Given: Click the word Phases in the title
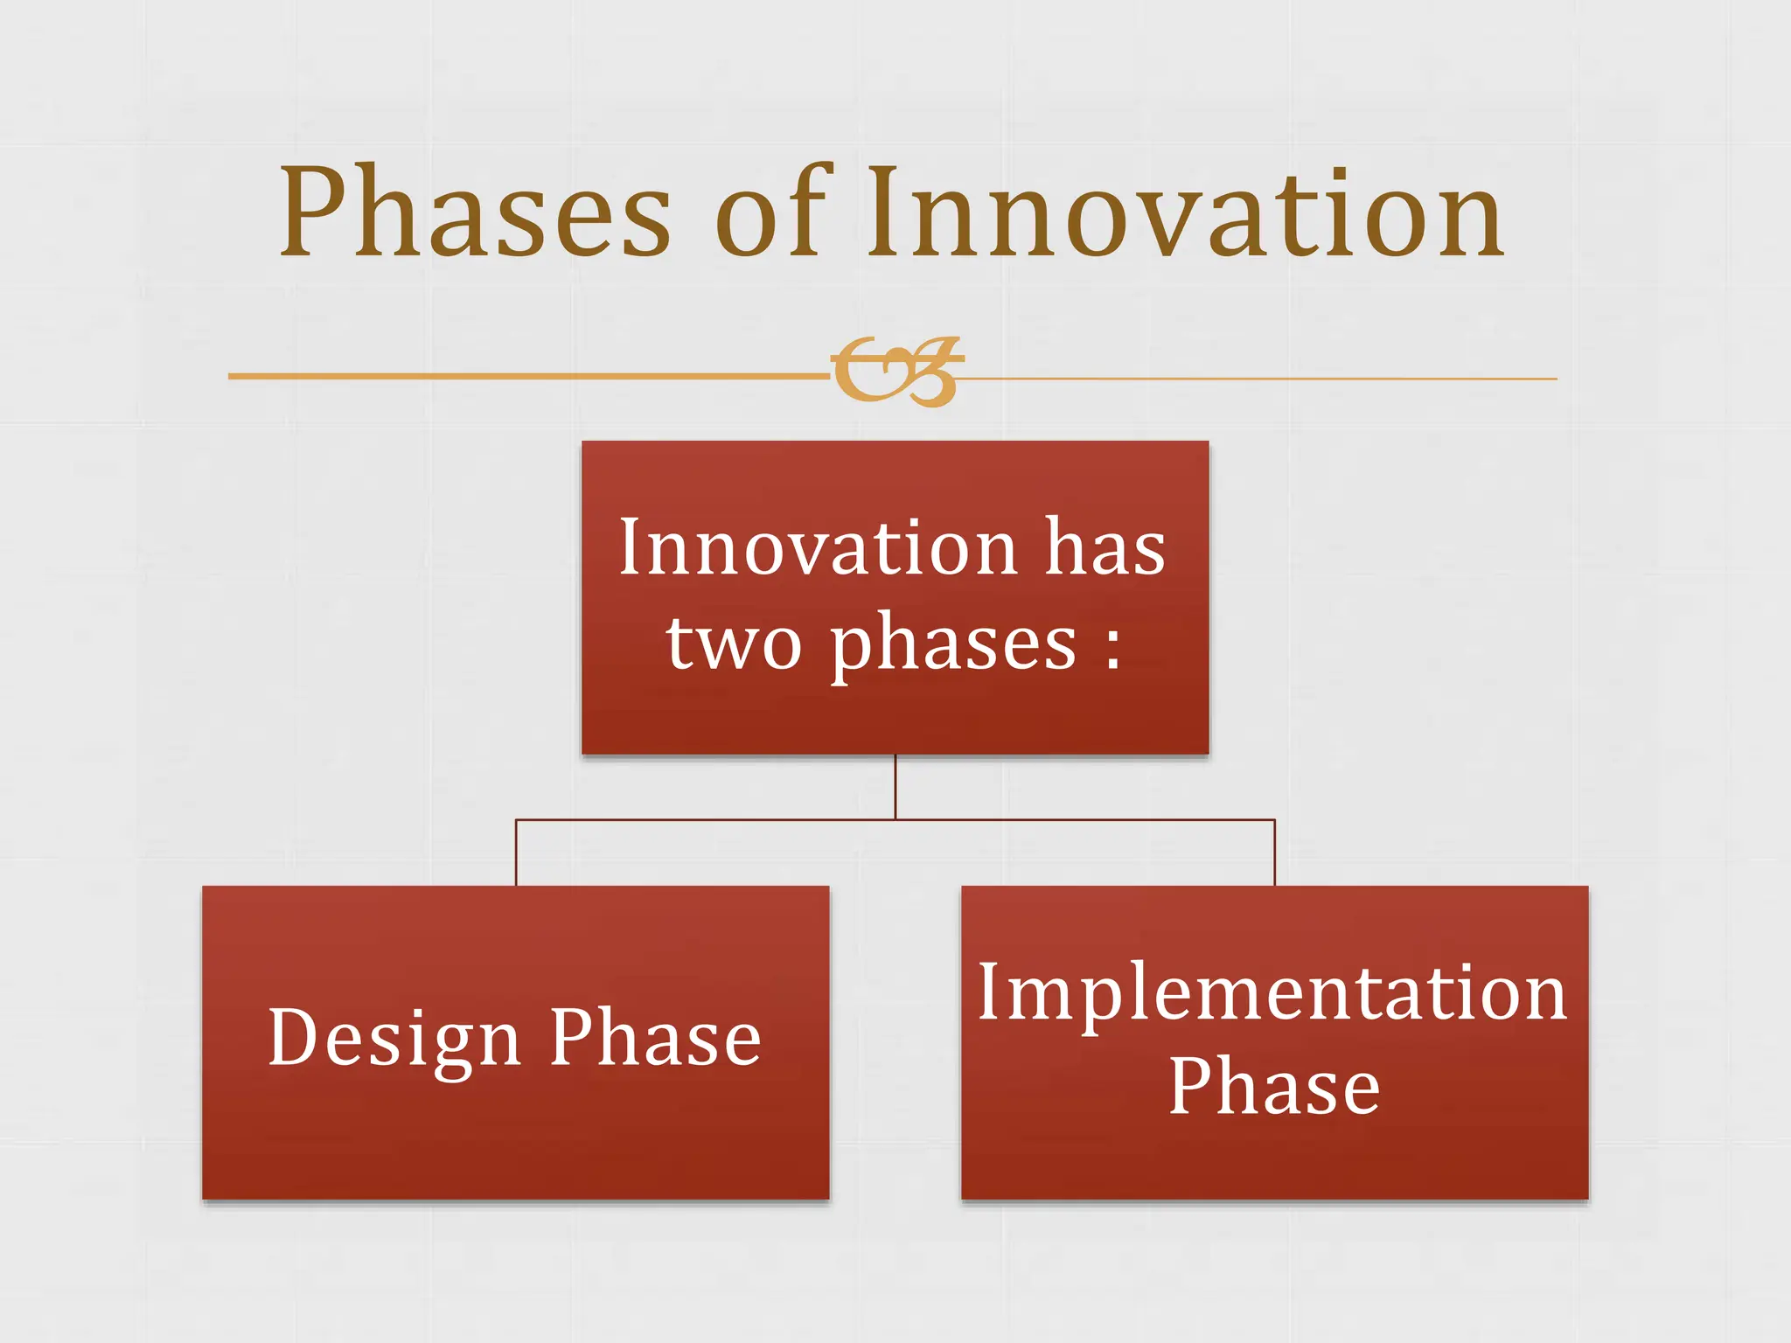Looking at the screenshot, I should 475,214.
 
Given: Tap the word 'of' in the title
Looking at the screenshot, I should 770,214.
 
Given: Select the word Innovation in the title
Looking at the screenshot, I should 1185,214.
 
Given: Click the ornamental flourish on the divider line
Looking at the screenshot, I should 896,372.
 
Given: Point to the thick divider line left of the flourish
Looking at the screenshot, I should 525,376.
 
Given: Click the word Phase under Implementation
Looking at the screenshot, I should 1274,1086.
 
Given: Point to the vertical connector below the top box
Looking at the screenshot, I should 895,787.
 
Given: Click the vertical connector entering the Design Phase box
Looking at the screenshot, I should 516,853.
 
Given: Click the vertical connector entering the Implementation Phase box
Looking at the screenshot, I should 1275,853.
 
